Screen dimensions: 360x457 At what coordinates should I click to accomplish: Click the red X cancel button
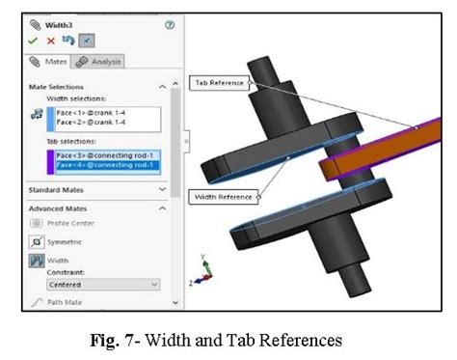pyautogui.click(x=50, y=42)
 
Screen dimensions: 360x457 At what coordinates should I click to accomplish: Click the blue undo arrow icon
pyautogui.click(x=67, y=42)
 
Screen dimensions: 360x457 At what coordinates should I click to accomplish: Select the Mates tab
pyautogui.click(x=48, y=62)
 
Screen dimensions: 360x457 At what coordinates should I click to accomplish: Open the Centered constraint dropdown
pyautogui.click(x=103, y=285)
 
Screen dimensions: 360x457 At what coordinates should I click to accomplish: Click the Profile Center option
pyautogui.click(x=72, y=223)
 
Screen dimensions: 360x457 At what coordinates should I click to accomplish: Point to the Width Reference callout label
pyautogui.click(x=227, y=197)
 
